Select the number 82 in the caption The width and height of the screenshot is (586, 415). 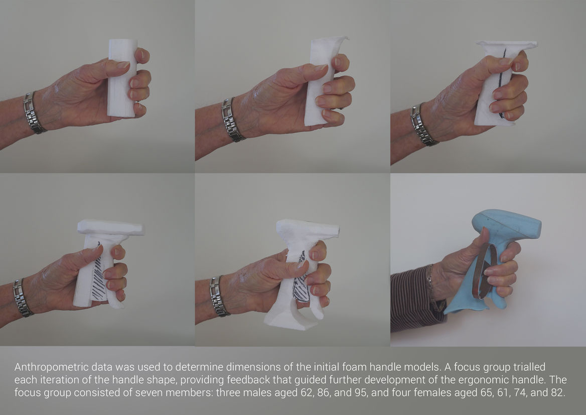(557, 392)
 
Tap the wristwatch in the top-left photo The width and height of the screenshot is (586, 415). (33, 113)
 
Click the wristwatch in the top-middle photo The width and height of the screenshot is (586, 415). (232, 120)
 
